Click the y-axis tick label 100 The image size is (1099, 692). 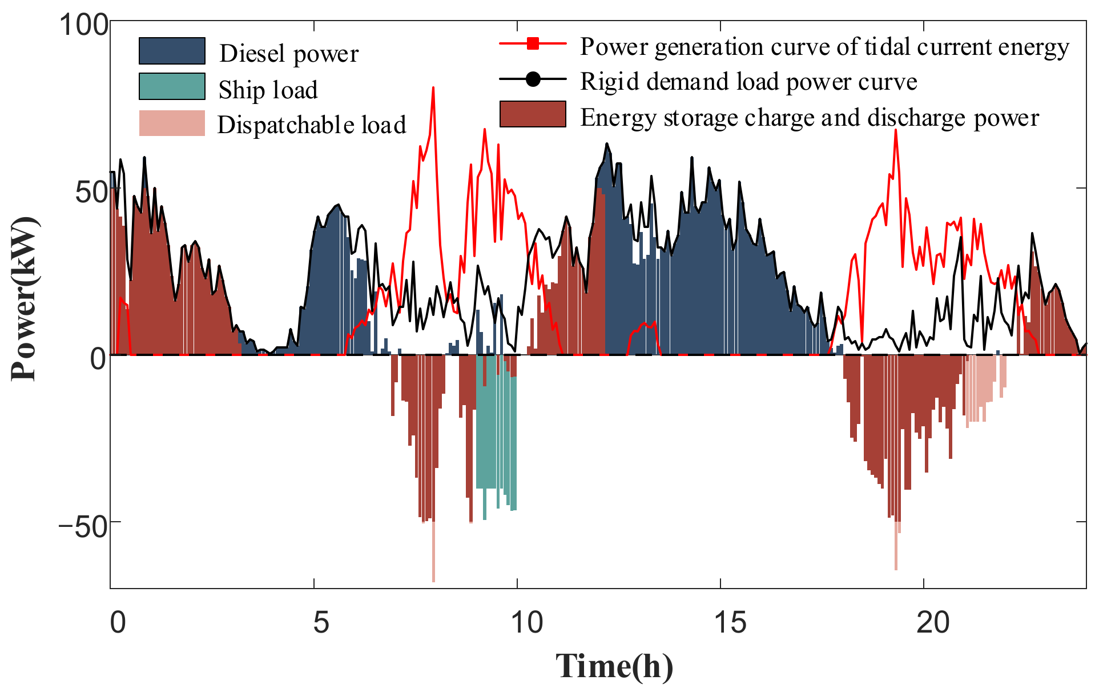(x=83, y=25)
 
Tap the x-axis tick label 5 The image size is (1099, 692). (x=321, y=622)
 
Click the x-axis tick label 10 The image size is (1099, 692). (x=526, y=622)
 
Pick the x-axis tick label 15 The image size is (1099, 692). (x=730, y=622)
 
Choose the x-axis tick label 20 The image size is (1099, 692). (x=933, y=622)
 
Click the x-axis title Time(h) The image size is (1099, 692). (x=614, y=666)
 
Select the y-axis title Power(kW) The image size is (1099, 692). (x=24, y=298)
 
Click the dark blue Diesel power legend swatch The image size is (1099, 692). (x=172, y=51)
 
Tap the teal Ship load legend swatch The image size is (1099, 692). (x=172, y=87)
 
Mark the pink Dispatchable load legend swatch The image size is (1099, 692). (x=172, y=123)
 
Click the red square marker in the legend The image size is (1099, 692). (x=533, y=43)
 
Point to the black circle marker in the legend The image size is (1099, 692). (x=533, y=79)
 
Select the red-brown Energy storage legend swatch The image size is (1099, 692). (x=533, y=114)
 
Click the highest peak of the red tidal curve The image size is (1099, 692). (x=433, y=88)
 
